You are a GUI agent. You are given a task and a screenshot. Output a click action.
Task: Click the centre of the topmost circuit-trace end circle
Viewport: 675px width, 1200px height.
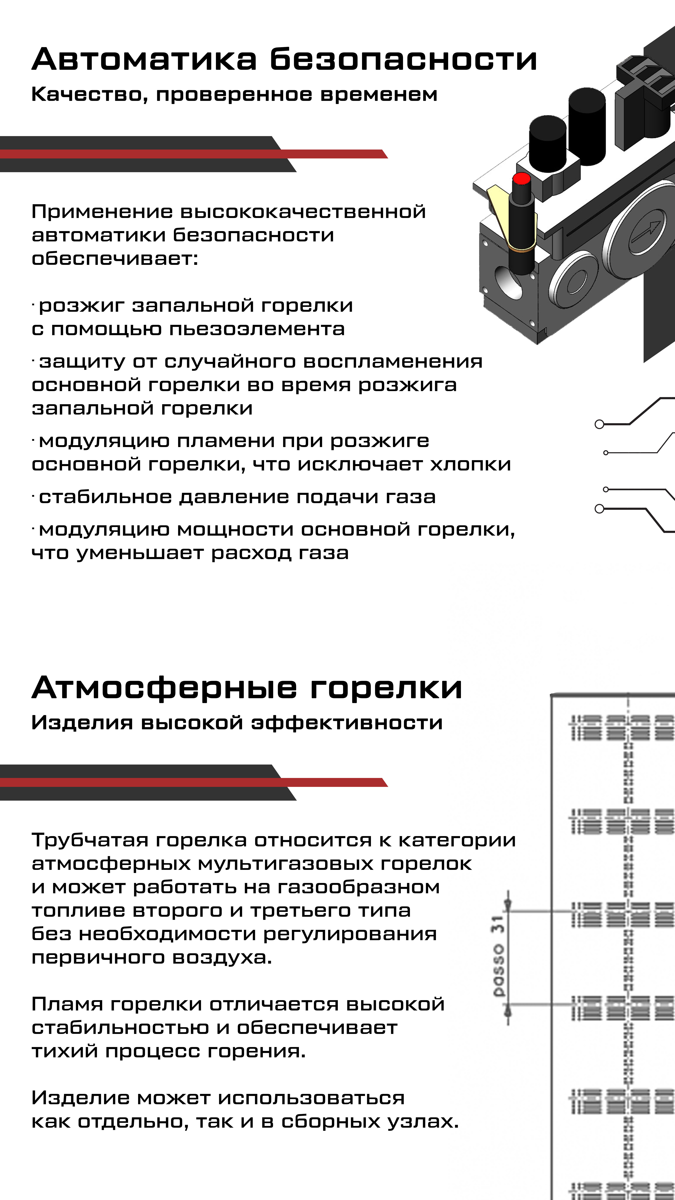pos(600,424)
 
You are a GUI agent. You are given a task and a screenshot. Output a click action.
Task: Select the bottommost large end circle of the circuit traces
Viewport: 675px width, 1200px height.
pos(600,509)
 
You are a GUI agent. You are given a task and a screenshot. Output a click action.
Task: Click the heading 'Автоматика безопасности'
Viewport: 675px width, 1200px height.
pos(284,60)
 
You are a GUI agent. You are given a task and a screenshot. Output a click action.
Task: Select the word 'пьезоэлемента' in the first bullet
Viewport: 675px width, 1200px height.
pos(257,329)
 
